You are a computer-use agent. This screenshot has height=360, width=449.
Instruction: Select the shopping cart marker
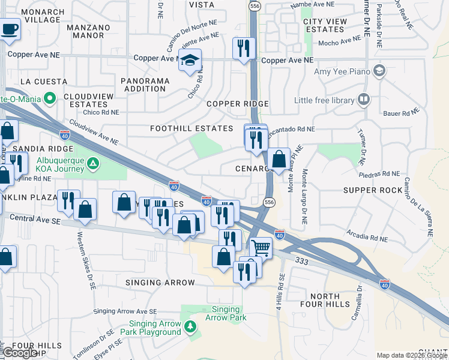click(260, 246)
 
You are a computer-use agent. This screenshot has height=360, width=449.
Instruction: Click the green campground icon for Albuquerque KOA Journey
click(92, 163)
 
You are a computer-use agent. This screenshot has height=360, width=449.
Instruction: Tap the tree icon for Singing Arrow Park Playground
click(190, 326)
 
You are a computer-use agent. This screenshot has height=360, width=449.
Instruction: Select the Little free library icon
click(363, 99)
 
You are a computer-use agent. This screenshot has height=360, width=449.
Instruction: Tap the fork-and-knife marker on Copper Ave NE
click(244, 49)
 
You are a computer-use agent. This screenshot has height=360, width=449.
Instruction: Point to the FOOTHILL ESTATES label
click(191, 129)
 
